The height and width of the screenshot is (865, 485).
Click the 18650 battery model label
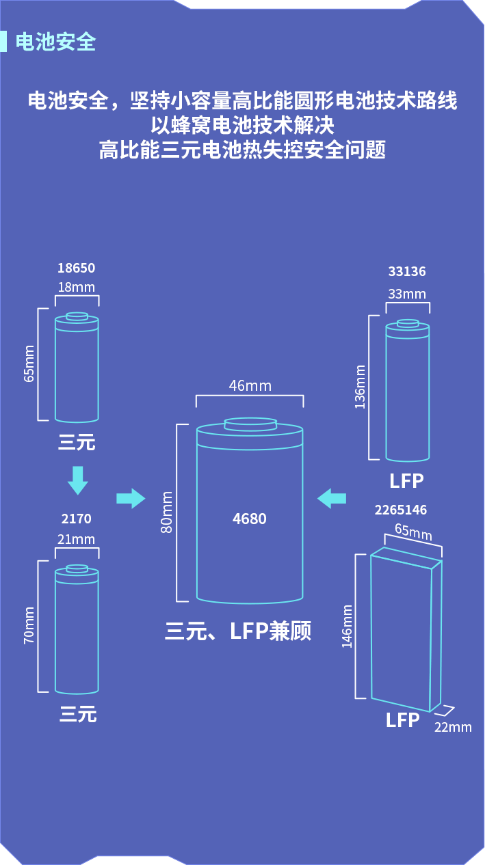pyautogui.click(x=77, y=268)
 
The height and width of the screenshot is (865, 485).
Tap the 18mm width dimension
pyautogui.click(x=77, y=287)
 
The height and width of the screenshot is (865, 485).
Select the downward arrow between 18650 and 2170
pyautogui.click(x=77, y=480)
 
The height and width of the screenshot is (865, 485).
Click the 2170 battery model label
pyautogui.click(x=76, y=519)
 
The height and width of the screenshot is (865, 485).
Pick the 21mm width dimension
pyautogui.click(x=77, y=539)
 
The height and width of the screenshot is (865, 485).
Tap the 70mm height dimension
pyautogui.click(x=29, y=625)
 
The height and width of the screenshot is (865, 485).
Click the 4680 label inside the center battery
pyautogui.click(x=249, y=519)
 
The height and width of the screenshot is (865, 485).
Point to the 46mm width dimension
pyautogui.click(x=250, y=386)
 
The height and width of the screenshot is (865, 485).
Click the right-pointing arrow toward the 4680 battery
pyautogui.click(x=131, y=498)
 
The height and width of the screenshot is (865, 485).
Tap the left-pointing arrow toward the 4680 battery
pyautogui.click(x=332, y=497)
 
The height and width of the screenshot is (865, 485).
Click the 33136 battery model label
pyautogui.click(x=407, y=272)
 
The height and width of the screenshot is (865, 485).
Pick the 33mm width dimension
pyautogui.click(x=407, y=294)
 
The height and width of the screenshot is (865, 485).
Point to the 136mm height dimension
pyautogui.click(x=360, y=387)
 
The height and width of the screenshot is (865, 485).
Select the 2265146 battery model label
pyautogui.click(x=401, y=510)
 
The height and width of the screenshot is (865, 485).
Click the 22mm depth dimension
pyautogui.click(x=453, y=727)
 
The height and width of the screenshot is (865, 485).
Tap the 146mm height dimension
pyautogui.click(x=348, y=626)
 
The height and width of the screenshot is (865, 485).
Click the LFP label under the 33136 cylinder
pyautogui.click(x=406, y=481)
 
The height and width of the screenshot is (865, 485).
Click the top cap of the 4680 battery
pyautogui.click(x=250, y=424)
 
